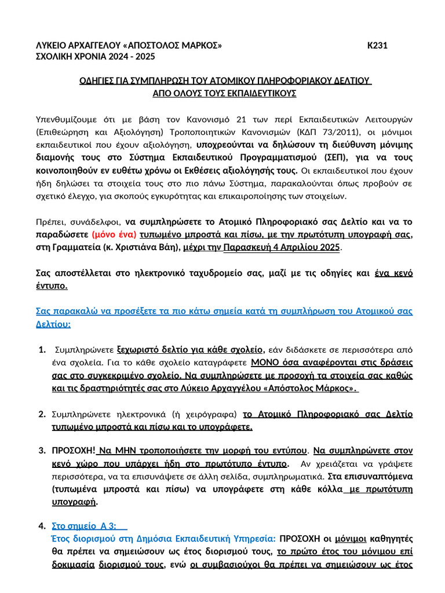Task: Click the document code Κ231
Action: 377,46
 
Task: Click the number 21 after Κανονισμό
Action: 242,119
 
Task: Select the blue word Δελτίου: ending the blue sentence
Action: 53,324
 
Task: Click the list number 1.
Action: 42,350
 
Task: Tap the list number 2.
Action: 42,414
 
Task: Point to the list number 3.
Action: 42,450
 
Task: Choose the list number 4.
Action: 42,526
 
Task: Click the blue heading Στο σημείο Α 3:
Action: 84,526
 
